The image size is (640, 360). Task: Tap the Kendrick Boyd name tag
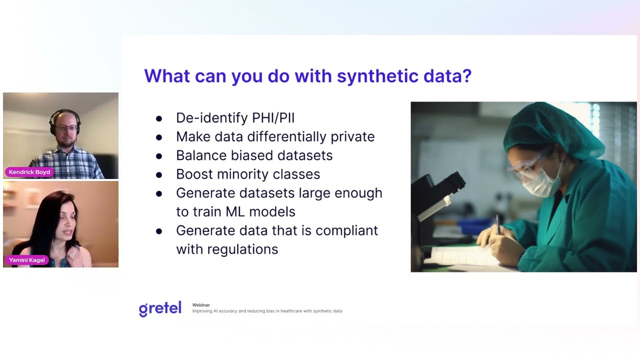(x=29, y=172)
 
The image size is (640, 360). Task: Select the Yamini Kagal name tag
(x=26, y=260)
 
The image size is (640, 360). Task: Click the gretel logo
(x=160, y=308)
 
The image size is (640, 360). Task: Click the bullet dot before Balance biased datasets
(x=159, y=156)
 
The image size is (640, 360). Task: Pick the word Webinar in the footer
(x=201, y=305)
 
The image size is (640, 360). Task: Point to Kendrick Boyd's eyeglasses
(x=65, y=128)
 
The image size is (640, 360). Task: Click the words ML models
(x=260, y=211)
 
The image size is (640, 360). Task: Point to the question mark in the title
(x=466, y=76)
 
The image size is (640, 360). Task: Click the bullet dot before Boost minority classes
(x=159, y=175)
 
